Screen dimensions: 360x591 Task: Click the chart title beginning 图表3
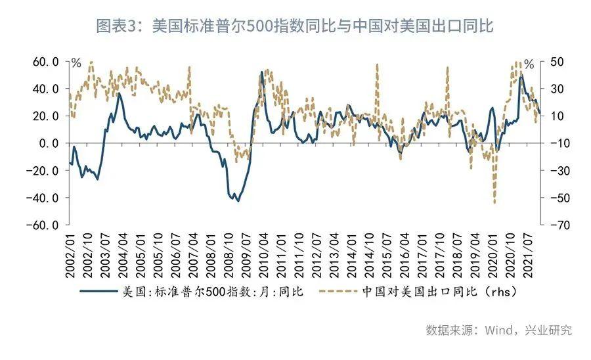coord(295,26)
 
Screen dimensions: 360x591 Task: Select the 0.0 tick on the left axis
coord(49,143)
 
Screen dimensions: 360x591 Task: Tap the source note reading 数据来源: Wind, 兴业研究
coord(498,330)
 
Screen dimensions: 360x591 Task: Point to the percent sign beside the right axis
coord(529,64)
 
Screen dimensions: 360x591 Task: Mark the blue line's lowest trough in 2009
coord(238,200)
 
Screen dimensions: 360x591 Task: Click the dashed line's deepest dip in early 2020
coord(494,202)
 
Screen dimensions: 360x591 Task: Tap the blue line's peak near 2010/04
coord(261,72)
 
